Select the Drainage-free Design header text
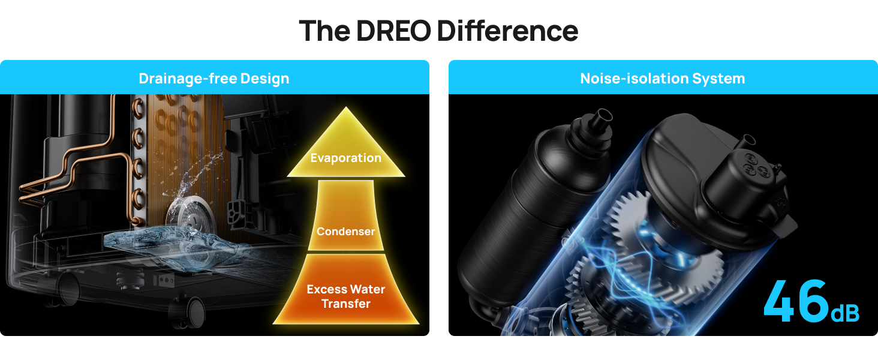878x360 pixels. tap(214, 79)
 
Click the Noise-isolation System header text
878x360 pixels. tap(663, 79)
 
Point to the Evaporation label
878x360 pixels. tap(346, 158)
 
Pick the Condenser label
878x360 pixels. tap(346, 232)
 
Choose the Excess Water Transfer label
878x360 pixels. tap(346, 296)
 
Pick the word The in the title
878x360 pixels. tap(324, 31)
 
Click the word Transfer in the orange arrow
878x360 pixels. tap(346, 304)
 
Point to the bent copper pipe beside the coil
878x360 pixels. tap(78, 174)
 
